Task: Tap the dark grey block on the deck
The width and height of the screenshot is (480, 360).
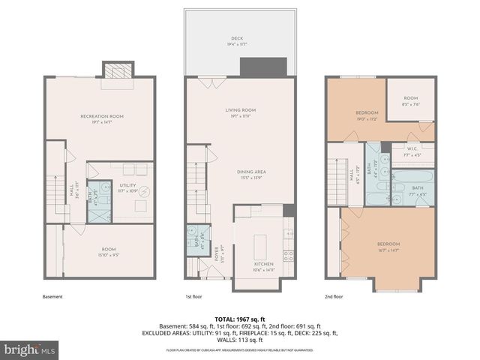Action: [259, 67]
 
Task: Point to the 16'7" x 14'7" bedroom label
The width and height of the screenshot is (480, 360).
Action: [388, 247]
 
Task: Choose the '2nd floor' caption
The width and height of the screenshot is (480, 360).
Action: [334, 296]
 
